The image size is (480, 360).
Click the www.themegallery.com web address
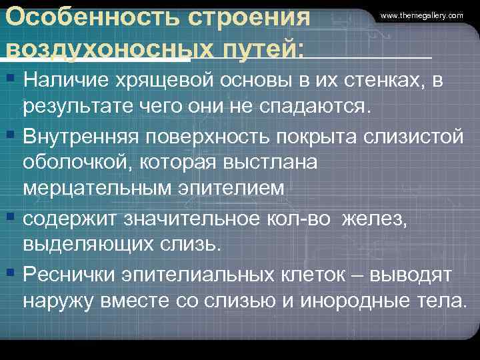point(422,15)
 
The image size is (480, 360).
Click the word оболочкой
point(75,163)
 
